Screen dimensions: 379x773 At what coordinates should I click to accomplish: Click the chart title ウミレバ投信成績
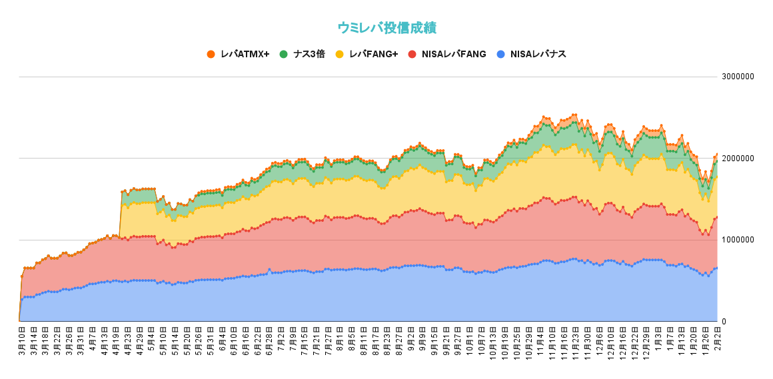pos(386,27)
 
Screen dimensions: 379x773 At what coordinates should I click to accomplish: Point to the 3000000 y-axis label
pos(738,77)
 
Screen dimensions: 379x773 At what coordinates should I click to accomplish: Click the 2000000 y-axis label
pos(738,159)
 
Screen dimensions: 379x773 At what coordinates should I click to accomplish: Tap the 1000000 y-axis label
pos(738,240)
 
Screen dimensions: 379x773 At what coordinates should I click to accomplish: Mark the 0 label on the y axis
pos(725,322)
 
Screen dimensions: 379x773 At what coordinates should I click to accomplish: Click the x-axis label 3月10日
pos(21,341)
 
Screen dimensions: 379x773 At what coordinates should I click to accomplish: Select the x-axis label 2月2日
pos(717,339)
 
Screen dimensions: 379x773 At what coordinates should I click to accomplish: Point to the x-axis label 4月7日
pos(92,339)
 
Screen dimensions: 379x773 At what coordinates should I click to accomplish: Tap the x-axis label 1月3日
pos(658,339)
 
